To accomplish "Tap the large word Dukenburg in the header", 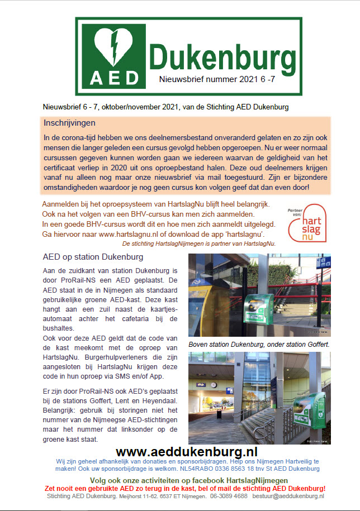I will [223, 57].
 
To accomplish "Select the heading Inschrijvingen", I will [70, 122].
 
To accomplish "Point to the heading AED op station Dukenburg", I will [93, 257].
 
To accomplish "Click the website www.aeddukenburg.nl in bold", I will [186, 452].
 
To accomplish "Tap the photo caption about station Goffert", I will [258, 345].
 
